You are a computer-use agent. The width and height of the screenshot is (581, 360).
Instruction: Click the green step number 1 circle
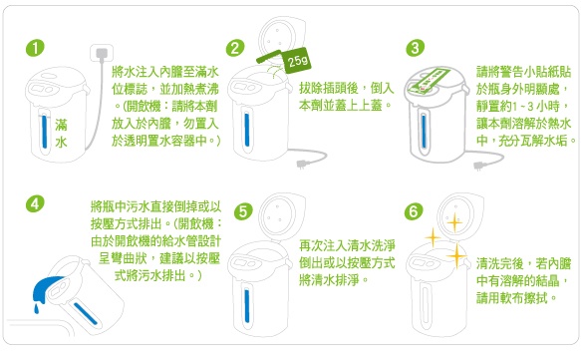pyautogui.click(x=35, y=48)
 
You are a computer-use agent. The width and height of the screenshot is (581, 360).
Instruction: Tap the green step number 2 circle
pyautogui.click(x=235, y=48)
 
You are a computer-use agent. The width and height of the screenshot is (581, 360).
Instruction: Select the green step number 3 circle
pyautogui.click(x=415, y=48)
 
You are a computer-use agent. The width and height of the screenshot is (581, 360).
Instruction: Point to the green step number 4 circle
pyautogui.click(x=35, y=203)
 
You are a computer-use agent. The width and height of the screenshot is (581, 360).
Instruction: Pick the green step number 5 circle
pyautogui.click(x=243, y=211)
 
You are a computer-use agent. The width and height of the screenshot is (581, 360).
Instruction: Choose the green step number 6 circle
pyautogui.click(x=414, y=211)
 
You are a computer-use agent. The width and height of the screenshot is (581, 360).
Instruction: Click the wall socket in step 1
pyautogui.click(x=102, y=54)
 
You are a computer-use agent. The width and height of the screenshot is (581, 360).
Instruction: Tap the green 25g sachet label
pyautogui.click(x=297, y=60)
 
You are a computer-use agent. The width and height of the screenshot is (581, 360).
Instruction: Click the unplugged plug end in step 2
pyautogui.click(x=301, y=164)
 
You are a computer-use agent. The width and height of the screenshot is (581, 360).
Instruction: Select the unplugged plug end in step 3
pyautogui.click(x=478, y=166)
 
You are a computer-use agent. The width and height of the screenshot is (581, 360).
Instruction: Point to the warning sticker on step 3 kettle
pyautogui.click(x=430, y=81)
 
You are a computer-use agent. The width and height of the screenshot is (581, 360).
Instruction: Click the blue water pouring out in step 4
pyautogui.click(x=46, y=288)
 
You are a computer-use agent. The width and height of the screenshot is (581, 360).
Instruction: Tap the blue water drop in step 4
pyautogui.click(x=36, y=308)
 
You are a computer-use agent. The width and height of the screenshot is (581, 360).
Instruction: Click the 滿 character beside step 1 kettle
pyautogui.click(x=61, y=125)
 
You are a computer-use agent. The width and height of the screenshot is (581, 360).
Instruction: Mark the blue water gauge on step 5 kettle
pyautogui.click(x=247, y=305)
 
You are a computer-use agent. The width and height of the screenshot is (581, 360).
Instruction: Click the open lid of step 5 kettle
pyautogui.click(x=281, y=216)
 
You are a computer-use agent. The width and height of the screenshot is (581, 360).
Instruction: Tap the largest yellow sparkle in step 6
pyautogui.click(x=456, y=256)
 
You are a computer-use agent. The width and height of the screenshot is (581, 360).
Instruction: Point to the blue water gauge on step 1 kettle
pyautogui.click(x=45, y=132)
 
